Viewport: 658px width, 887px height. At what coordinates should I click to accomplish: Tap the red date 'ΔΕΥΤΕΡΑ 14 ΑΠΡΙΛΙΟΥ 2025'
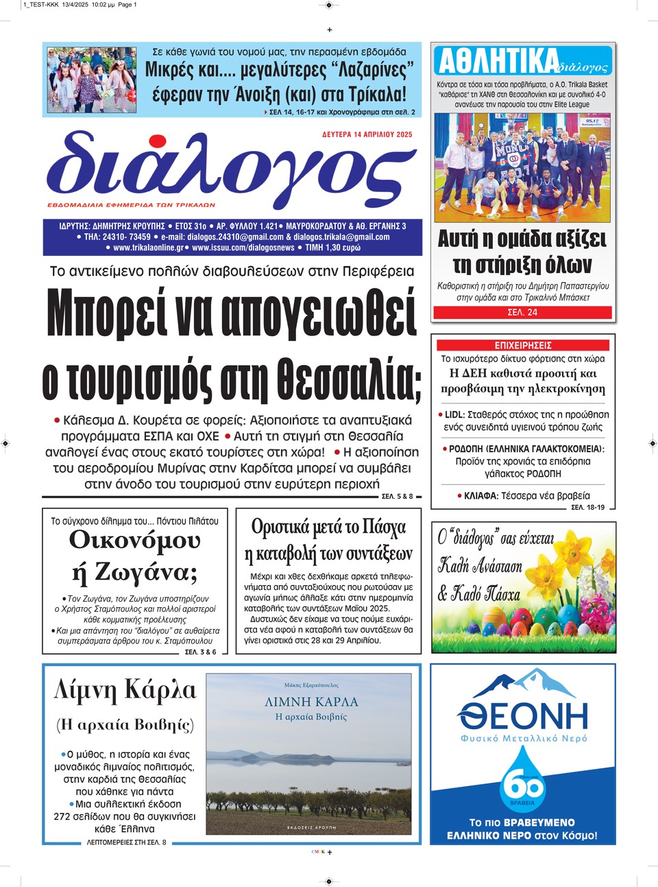(367, 135)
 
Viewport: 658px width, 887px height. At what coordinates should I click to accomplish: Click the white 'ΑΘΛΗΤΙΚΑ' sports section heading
(498, 62)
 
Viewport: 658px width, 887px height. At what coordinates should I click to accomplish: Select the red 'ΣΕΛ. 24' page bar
(522, 312)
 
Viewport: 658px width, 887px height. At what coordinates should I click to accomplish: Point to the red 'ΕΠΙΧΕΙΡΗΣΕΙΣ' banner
(523, 346)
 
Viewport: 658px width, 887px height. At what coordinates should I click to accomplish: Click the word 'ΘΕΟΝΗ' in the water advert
(523, 715)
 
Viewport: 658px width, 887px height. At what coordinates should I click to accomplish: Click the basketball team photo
(523, 168)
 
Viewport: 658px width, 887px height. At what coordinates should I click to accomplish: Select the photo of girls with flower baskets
(92, 80)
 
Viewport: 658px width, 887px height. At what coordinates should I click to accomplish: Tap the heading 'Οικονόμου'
(134, 541)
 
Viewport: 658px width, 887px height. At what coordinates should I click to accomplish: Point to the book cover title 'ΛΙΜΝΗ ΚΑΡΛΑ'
(311, 702)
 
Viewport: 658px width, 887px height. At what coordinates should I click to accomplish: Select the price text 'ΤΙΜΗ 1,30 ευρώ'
(332, 248)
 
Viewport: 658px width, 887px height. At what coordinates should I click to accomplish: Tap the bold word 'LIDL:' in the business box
(454, 415)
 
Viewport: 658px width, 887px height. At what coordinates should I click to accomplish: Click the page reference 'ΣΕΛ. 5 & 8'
(397, 496)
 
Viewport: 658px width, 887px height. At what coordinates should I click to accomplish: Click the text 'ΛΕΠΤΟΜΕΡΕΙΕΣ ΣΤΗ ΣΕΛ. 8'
(126, 842)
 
